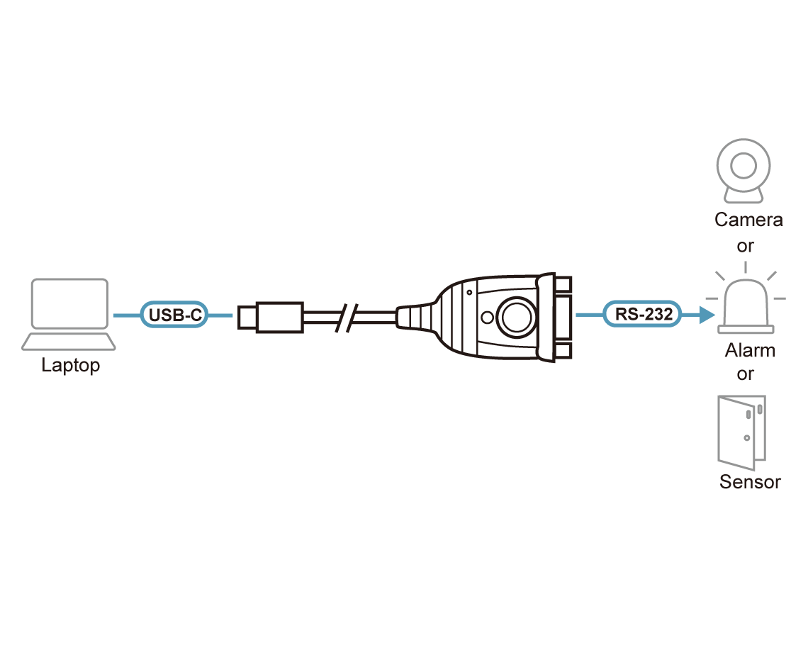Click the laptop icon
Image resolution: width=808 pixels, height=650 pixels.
tap(69, 315)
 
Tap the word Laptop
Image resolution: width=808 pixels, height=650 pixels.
tap(71, 366)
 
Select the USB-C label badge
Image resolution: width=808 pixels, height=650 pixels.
tap(174, 315)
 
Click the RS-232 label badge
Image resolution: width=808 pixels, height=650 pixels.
tap(643, 313)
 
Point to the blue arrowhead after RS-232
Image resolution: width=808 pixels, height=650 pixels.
tap(707, 314)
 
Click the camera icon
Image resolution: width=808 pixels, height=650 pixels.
tap(744, 171)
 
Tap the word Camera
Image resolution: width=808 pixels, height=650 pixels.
tap(748, 220)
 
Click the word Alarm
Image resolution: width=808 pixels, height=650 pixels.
tap(750, 350)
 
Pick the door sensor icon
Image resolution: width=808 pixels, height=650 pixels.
tap(742, 432)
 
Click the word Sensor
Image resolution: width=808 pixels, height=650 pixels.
tap(750, 482)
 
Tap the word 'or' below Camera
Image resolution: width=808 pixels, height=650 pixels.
tap(745, 247)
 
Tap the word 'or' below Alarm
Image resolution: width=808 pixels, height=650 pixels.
tap(745, 374)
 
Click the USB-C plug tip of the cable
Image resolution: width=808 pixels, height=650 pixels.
tap(247, 317)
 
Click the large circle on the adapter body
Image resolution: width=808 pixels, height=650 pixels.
tap(516, 317)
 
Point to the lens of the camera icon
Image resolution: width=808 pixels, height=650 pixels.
tap(744, 165)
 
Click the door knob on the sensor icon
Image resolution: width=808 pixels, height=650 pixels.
tap(746, 438)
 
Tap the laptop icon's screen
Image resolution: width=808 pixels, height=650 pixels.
tap(69, 303)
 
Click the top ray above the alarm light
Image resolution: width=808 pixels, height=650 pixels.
tap(745, 267)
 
